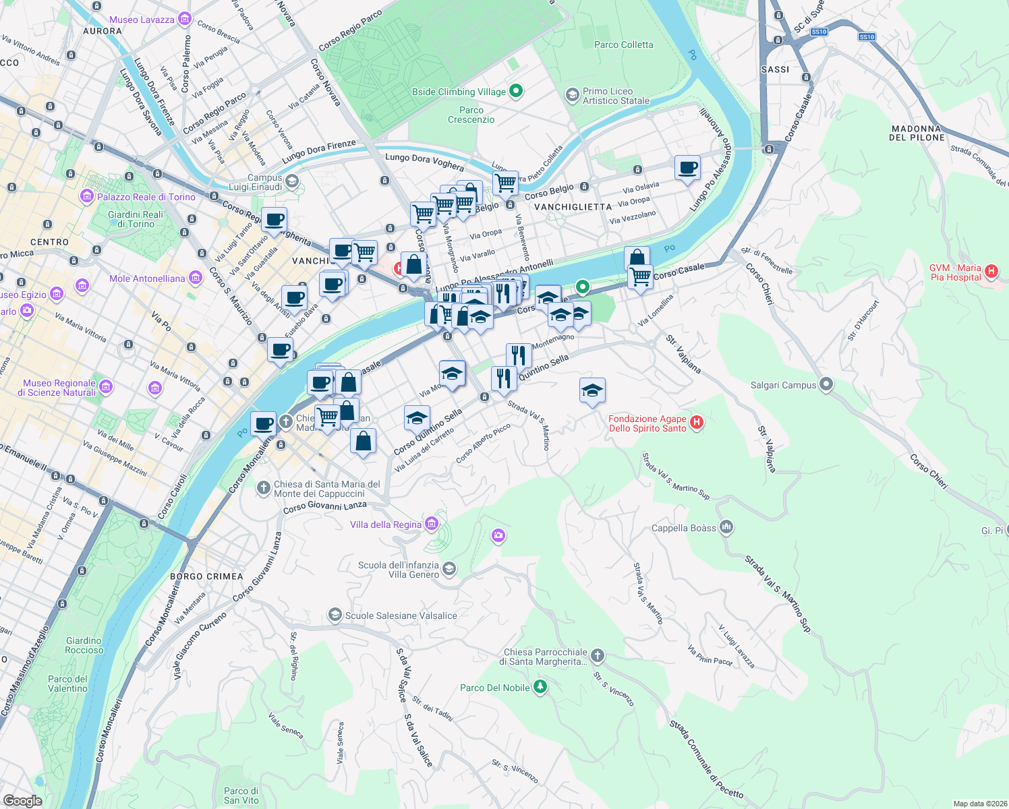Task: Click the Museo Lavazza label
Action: coord(142,20)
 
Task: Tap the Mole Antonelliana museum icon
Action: coord(196,278)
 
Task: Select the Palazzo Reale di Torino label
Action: coord(146,197)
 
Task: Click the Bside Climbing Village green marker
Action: coord(516,91)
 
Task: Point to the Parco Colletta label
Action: coord(623,44)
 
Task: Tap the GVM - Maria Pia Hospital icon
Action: coord(991,271)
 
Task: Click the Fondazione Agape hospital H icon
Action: coord(697,423)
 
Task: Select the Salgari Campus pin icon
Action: coord(826,385)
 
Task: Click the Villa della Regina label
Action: coord(385,525)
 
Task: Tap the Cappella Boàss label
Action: coord(683,528)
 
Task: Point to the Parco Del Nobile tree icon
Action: coord(540,687)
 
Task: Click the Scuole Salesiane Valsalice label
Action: coord(401,616)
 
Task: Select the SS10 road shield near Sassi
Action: coord(819,32)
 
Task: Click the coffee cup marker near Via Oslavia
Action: coord(687,168)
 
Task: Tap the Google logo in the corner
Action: coord(23,800)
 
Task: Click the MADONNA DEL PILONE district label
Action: coord(917,133)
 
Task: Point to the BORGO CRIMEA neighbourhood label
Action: coord(206,576)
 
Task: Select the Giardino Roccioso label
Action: coord(84,645)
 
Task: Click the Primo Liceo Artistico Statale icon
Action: coord(572,95)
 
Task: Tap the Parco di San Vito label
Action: coord(241,796)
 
